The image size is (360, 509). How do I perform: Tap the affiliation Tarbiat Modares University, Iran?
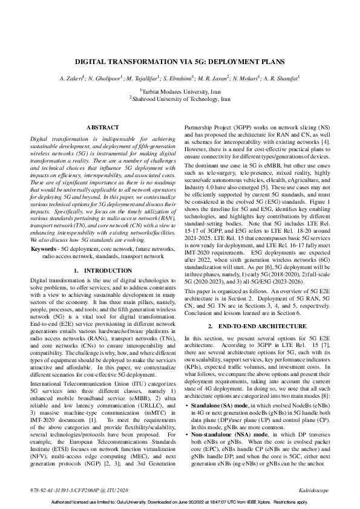tap(180, 89)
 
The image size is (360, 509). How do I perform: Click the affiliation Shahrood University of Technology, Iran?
tap(181, 97)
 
